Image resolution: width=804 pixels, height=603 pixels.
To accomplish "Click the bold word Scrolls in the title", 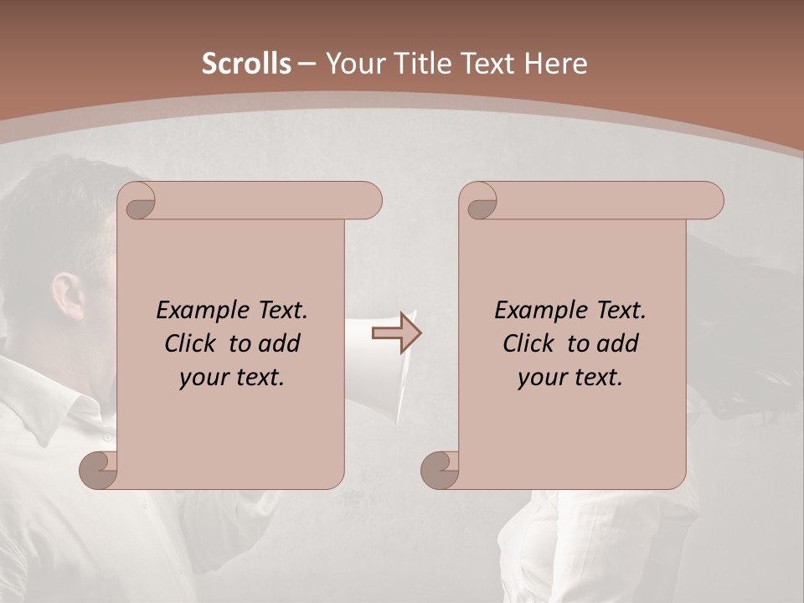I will pyautogui.click(x=246, y=64).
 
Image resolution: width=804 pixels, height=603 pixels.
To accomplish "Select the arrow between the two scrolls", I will pyautogui.click(x=395, y=333).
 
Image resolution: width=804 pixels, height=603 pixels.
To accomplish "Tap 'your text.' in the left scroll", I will pyautogui.click(x=232, y=378).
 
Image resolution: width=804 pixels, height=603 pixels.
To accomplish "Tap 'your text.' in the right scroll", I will pyautogui.click(x=570, y=378).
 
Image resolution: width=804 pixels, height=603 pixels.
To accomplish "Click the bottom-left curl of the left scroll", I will pyautogui.click(x=99, y=469).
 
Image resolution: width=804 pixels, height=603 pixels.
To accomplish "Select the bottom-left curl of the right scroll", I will pyautogui.click(x=440, y=469).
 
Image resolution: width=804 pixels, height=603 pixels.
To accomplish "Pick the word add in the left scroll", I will pyautogui.click(x=281, y=344).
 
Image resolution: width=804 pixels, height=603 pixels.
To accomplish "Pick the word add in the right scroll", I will pyautogui.click(x=619, y=344).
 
